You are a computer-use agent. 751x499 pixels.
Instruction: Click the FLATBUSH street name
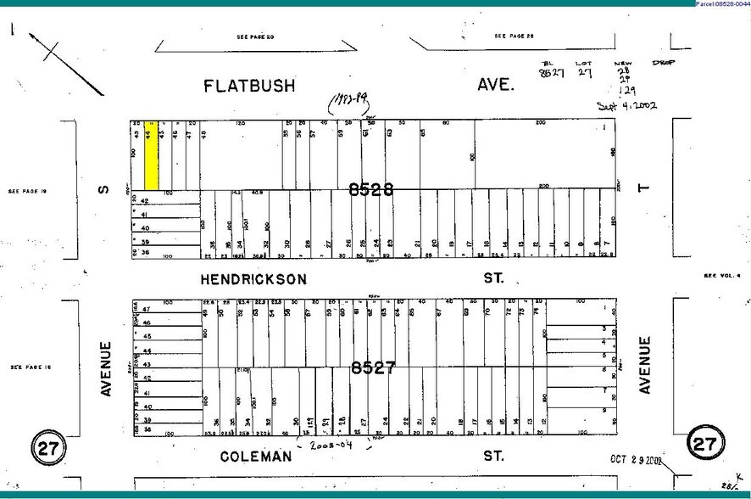(x=248, y=85)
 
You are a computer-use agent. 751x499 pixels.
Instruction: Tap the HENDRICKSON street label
(x=253, y=278)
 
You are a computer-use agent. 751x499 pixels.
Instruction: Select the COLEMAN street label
(x=256, y=457)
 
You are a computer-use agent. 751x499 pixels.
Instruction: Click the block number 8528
(x=371, y=190)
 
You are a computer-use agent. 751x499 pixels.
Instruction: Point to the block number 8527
(x=374, y=368)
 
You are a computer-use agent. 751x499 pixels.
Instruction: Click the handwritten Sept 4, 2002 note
(x=626, y=106)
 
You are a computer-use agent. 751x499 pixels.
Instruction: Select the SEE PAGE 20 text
(x=255, y=37)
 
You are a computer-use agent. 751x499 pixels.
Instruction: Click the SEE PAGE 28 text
(x=515, y=36)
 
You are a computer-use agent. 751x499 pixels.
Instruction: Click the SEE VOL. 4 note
(x=721, y=275)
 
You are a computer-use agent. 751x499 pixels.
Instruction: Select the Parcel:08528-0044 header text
(x=721, y=4)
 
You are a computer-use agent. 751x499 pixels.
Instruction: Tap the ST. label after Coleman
(x=492, y=457)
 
